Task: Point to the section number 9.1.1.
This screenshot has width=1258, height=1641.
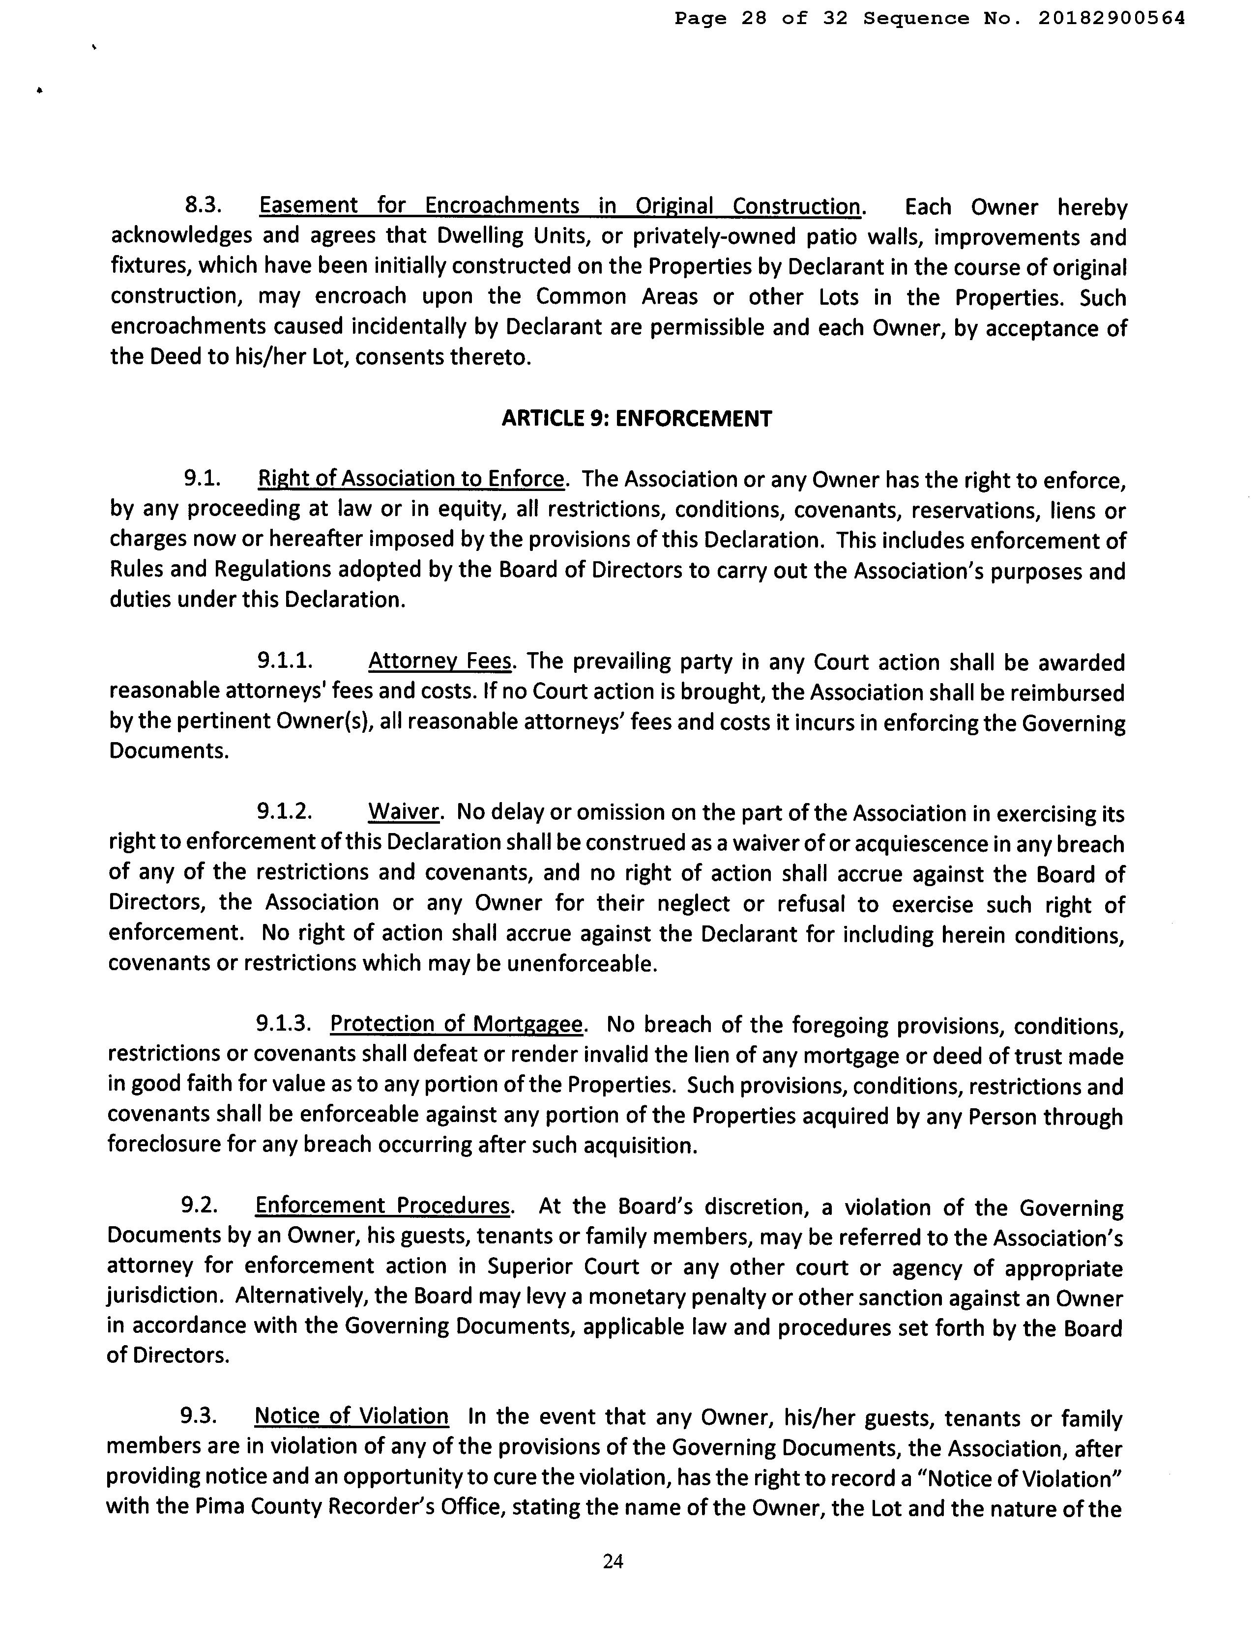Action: pyautogui.click(x=285, y=661)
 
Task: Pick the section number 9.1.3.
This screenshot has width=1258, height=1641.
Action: pyautogui.click(x=284, y=1023)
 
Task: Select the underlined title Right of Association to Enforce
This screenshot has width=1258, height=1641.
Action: pyautogui.click(x=410, y=478)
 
